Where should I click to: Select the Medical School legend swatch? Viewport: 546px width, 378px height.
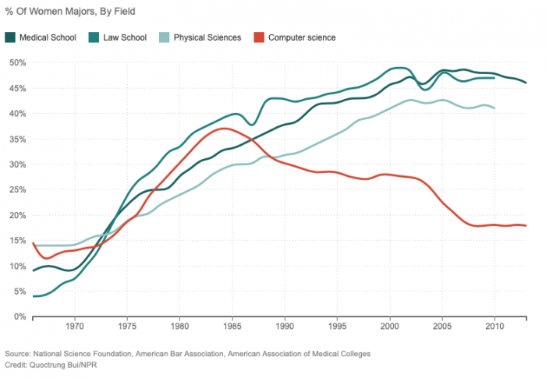click(10, 37)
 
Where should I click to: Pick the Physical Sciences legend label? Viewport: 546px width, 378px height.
click(207, 37)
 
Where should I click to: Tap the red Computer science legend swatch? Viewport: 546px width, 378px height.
click(259, 37)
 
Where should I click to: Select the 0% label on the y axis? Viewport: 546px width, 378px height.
click(19, 316)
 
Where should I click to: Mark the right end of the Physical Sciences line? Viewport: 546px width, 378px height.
click(495, 108)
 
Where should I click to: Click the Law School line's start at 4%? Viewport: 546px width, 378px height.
click(34, 296)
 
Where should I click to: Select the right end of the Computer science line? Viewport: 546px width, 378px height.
click(526, 225)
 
